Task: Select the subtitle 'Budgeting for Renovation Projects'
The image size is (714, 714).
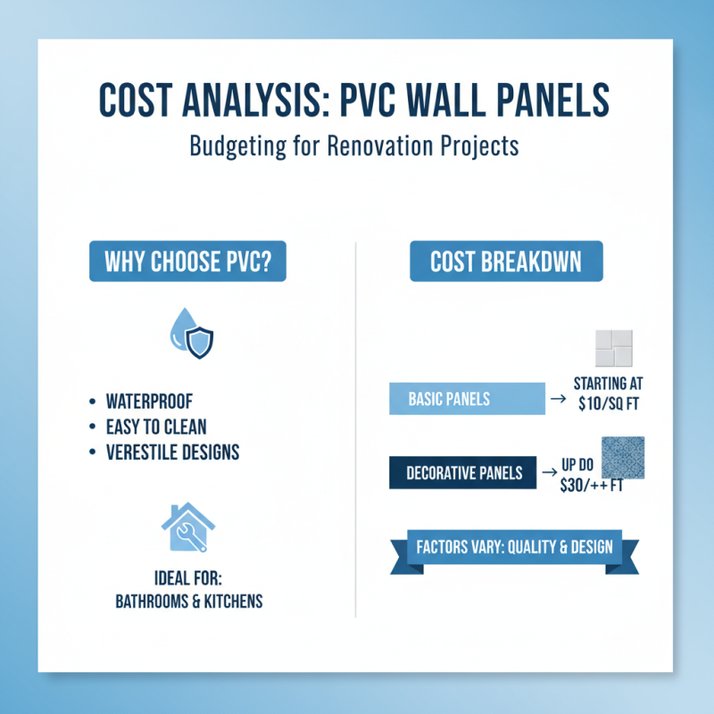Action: coord(354,146)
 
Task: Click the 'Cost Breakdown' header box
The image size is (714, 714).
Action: coord(506,262)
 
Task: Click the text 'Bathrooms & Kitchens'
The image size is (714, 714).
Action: coord(189,601)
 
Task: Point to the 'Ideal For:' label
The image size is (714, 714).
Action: coord(189,577)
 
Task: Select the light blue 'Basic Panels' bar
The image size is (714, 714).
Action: coord(467,399)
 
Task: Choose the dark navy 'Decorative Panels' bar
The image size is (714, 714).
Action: coord(463,473)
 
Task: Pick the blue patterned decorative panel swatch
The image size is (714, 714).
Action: coord(624,457)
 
